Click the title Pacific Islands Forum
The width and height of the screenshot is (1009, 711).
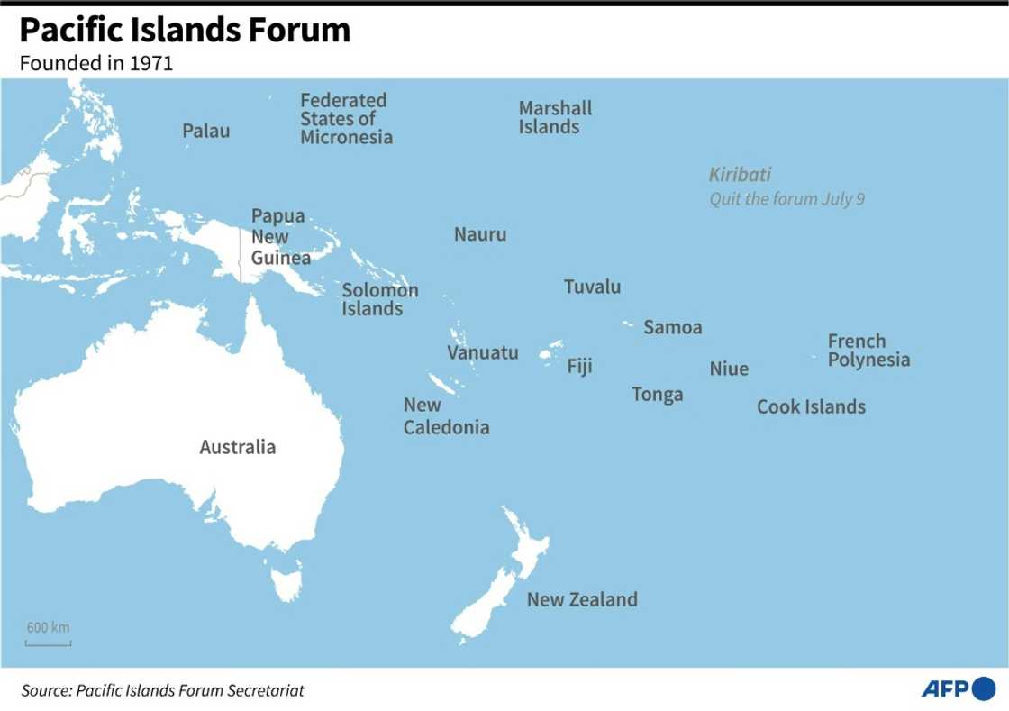coord(185,31)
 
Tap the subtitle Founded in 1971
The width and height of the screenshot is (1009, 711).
coord(95,64)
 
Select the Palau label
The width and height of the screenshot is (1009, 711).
coord(205,132)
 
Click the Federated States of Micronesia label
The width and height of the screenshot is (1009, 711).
coord(346,119)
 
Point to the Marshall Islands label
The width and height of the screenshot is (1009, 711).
coord(555,118)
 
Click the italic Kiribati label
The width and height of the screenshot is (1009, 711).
coord(739,176)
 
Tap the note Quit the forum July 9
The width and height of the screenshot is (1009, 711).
coord(786,199)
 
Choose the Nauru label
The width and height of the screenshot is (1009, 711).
coord(480,235)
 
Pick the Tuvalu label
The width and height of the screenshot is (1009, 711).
coord(592,287)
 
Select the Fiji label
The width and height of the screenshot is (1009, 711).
coord(579,367)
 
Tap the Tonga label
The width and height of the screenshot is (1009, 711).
coord(657,395)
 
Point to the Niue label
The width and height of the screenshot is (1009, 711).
coord(729,369)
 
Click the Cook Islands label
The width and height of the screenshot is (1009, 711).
coord(811,407)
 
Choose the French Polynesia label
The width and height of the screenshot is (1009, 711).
coord(868,351)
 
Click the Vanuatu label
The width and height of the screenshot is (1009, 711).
coord(483,352)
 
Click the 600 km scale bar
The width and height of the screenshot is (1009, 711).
coord(48,642)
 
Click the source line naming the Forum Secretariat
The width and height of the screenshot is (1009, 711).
coord(163,691)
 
